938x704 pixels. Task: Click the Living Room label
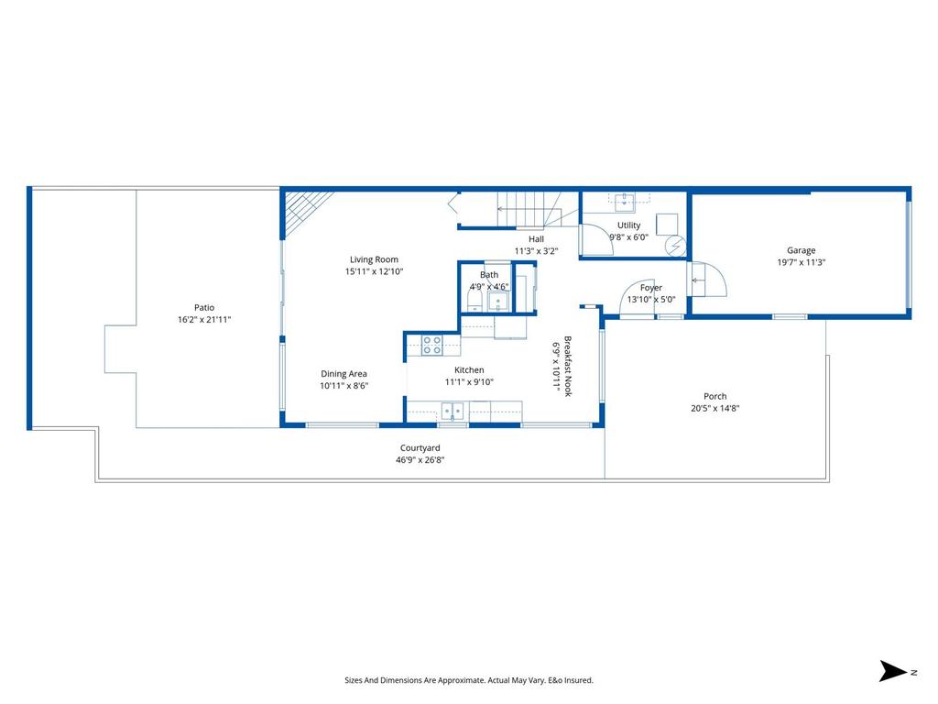pos(374,259)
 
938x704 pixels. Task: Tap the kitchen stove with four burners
pos(431,345)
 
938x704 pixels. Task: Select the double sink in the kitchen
pos(453,411)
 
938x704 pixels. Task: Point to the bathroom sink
pos(498,302)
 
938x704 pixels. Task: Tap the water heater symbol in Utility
pos(675,246)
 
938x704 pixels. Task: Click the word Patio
pos(203,307)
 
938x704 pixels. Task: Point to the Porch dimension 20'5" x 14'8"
pos(714,409)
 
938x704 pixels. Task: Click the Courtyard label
pos(420,448)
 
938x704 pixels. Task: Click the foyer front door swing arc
pos(638,299)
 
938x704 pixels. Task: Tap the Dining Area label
pos(344,374)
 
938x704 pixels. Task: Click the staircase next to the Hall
pos(528,209)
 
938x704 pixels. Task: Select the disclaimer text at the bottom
pos(468,680)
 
